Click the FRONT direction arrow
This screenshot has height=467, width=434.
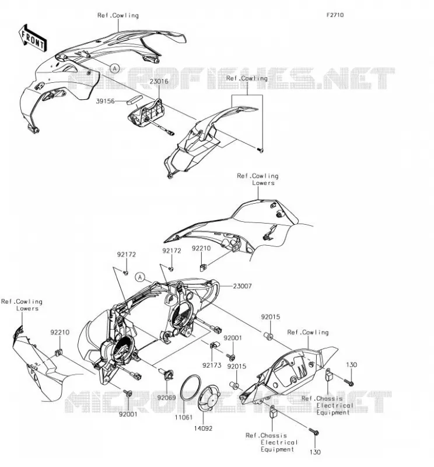coord(32,39)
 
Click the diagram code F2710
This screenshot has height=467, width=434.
coord(335,15)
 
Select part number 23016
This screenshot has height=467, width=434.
coord(159,81)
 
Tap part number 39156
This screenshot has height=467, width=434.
coord(105,101)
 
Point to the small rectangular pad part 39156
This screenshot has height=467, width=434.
coord(134,99)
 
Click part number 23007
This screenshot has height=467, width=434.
coord(242,286)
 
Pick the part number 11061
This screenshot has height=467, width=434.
coord(184,417)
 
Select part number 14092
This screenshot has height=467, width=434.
coord(204,428)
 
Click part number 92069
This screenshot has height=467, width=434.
coord(167,398)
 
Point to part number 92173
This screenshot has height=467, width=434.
coord(212,365)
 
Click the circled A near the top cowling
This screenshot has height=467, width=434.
coord(114,68)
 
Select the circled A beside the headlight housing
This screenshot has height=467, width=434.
coord(139,278)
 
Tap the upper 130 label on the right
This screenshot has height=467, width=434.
coord(352,365)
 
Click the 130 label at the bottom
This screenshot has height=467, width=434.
coord(315,452)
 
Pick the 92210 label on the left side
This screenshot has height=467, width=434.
coord(60,332)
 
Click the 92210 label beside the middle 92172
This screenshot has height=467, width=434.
coord(201,249)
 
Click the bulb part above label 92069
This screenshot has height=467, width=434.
coord(167,374)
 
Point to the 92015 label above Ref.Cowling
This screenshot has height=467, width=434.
coord(271,317)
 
